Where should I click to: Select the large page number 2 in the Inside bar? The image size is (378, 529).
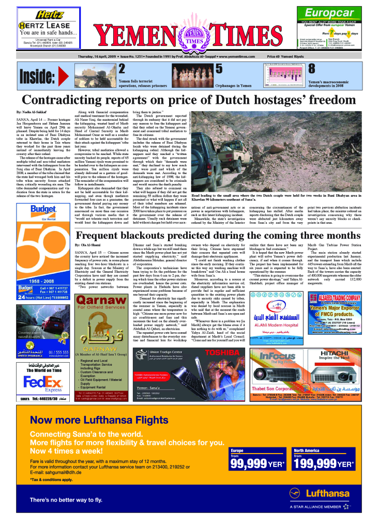(x=122, y=69)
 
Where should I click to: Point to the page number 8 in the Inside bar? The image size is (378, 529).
(x=311, y=69)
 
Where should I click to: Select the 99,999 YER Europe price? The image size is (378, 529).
(x=257, y=464)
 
